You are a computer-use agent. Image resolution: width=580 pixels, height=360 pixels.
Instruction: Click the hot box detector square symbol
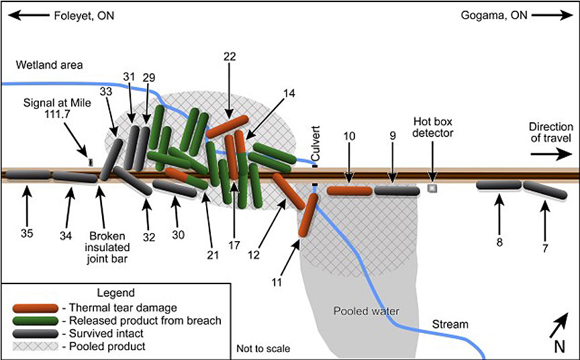tap(433, 189)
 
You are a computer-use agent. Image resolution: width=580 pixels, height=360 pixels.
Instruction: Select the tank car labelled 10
tap(350, 191)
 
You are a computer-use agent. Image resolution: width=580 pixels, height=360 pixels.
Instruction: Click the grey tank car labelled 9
tap(396, 191)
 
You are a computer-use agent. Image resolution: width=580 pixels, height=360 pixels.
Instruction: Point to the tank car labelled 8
tap(499, 185)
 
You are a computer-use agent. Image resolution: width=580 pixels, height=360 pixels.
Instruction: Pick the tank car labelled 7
tap(544, 190)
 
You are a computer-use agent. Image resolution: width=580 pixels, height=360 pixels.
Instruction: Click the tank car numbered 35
tap(28, 175)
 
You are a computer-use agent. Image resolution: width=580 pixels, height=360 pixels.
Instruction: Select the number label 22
tap(230, 57)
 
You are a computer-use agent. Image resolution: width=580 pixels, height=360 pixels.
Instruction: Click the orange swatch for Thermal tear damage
tap(36, 307)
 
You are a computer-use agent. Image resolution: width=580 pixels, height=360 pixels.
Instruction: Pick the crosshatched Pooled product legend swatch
tap(36, 347)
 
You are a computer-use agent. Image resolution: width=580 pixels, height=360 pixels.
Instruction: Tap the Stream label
tap(450, 325)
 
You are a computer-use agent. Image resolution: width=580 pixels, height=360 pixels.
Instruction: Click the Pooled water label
tap(367, 311)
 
